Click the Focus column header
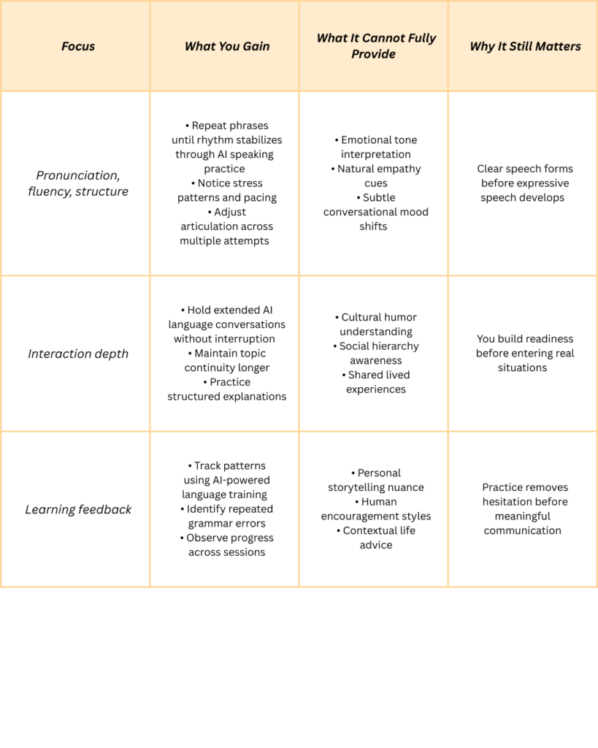[x=78, y=46]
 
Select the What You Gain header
[x=227, y=46]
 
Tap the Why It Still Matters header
[x=525, y=46]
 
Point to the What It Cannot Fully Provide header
[x=376, y=45]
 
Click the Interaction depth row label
[x=78, y=354]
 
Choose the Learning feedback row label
[x=78, y=509]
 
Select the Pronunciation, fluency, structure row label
[x=78, y=183]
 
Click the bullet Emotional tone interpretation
[x=376, y=147]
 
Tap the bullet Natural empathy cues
[x=376, y=176]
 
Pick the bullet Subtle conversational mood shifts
[x=376, y=212]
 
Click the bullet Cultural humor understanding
[x=376, y=324]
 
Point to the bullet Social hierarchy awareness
[x=376, y=354]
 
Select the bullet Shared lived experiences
[x=376, y=382]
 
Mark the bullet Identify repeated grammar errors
[x=227, y=516]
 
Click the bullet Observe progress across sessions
[x=227, y=545]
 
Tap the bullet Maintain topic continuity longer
[x=227, y=361]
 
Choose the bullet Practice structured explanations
[x=227, y=389]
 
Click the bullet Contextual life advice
[x=376, y=538]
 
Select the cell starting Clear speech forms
[x=525, y=183]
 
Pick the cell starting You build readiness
[x=525, y=354]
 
